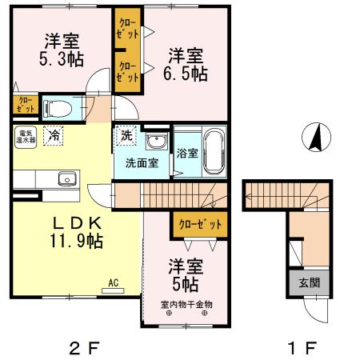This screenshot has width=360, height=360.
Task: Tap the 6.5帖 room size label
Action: (188, 73)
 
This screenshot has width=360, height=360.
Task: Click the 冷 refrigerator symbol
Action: (54, 138)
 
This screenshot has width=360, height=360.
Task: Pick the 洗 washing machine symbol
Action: (126, 136)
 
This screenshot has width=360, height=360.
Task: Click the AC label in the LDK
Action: (113, 281)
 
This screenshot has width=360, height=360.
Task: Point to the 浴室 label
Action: (187, 153)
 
